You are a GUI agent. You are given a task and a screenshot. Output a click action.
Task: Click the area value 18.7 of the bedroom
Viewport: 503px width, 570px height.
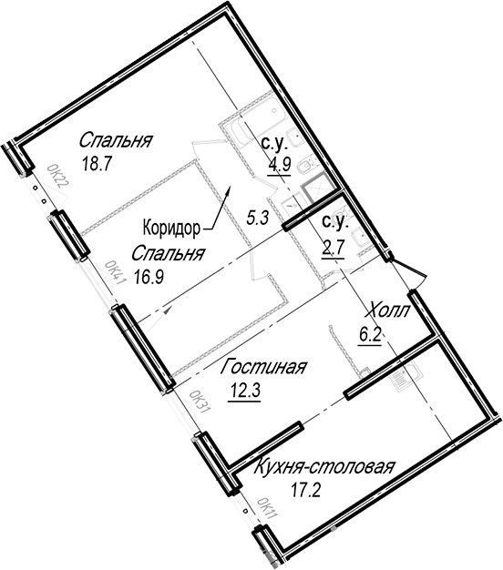[96, 165]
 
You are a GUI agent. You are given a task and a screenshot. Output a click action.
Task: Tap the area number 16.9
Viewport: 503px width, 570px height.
[149, 278]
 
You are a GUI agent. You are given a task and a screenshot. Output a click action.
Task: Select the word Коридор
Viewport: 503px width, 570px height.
[171, 229]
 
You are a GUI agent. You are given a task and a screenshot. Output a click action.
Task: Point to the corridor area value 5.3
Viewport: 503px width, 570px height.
[257, 219]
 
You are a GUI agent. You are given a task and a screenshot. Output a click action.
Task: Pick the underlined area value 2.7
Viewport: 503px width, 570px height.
[333, 249]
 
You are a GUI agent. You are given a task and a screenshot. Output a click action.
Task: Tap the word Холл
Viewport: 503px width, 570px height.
[389, 311]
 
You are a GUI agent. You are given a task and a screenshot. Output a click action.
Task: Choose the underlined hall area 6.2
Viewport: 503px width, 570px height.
[370, 335]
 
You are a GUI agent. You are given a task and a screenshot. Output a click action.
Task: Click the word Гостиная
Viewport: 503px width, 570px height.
[263, 367]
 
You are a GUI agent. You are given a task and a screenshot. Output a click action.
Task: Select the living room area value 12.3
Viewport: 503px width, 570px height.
[244, 392]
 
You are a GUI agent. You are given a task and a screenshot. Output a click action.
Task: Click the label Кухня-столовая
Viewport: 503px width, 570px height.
[323, 467]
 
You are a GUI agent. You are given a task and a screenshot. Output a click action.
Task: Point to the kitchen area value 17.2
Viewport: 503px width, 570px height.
[305, 491]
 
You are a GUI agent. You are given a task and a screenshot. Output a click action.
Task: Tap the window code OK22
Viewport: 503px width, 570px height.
[58, 177]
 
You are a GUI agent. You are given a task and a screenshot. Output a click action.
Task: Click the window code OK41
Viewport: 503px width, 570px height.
[116, 273]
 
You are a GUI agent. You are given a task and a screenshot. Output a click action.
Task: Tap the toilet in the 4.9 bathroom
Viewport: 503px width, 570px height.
[306, 168]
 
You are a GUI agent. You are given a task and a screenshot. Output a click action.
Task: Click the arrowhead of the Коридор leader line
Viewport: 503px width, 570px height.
[227, 189]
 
